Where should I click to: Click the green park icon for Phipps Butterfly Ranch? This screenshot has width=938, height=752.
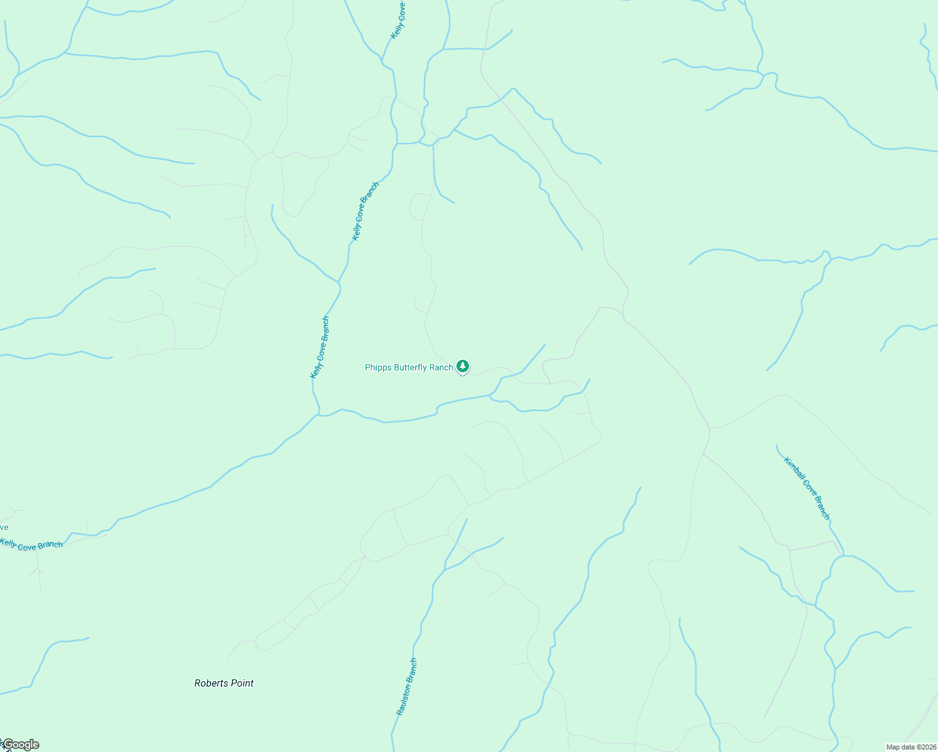pos(463,366)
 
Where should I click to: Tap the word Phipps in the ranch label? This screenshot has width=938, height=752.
pos(378,368)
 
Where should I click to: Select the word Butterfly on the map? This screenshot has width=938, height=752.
pos(411,368)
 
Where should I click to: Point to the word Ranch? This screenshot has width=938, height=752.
pos(441,368)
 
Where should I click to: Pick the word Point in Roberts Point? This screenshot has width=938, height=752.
pos(242,683)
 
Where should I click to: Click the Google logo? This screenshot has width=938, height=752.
pos(21,744)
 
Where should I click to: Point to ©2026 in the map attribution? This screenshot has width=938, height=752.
pos(927,747)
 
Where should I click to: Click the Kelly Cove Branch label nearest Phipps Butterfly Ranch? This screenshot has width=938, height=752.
pos(320,348)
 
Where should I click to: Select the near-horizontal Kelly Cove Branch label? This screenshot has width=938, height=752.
pos(31,545)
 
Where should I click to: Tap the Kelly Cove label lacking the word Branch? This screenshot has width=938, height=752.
pos(398,20)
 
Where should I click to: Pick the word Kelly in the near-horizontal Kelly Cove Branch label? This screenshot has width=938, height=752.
pos(9,543)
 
